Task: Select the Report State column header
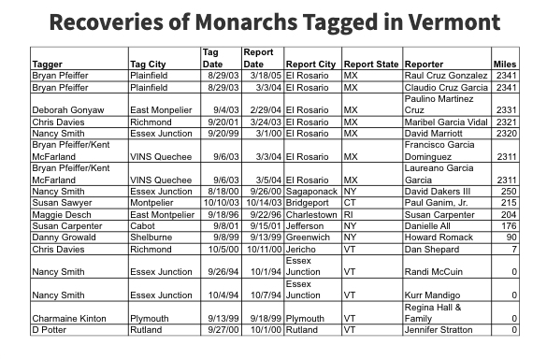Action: tap(371, 64)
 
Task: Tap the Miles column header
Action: tap(504, 64)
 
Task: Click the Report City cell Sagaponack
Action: tap(310, 191)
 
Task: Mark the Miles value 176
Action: tap(509, 225)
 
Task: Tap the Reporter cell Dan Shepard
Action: tap(433, 250)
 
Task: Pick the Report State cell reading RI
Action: tap(349, 214)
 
